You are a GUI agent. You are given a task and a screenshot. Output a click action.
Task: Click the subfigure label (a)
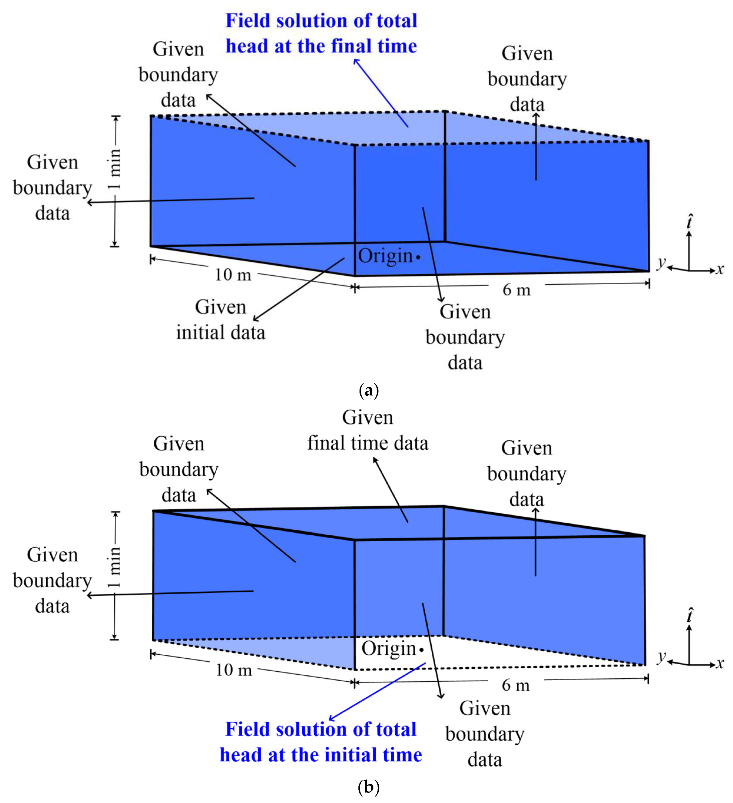[x=368, y=390]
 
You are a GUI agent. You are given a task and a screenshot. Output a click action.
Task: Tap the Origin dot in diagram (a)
[x=418, y=257]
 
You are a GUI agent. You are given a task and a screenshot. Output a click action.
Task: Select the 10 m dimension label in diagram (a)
[x=233, y=274]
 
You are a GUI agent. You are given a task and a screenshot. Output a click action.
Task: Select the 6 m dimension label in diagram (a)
[x=516, y=290]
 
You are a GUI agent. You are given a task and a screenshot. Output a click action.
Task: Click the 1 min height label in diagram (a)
[x=115, y=169]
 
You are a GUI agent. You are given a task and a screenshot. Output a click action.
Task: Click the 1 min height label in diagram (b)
[x=115, y=567]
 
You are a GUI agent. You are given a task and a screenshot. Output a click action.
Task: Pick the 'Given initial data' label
[x=221, y=320]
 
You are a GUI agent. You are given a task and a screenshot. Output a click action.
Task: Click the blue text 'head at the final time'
[x=321, y=46]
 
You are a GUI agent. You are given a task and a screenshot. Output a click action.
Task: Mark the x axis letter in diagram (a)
[x=720, y=270]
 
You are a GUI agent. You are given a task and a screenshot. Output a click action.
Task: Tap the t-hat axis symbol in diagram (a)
[x=690, y=222]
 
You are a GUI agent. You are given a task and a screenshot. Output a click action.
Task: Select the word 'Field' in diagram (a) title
[x=247, y=21]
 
